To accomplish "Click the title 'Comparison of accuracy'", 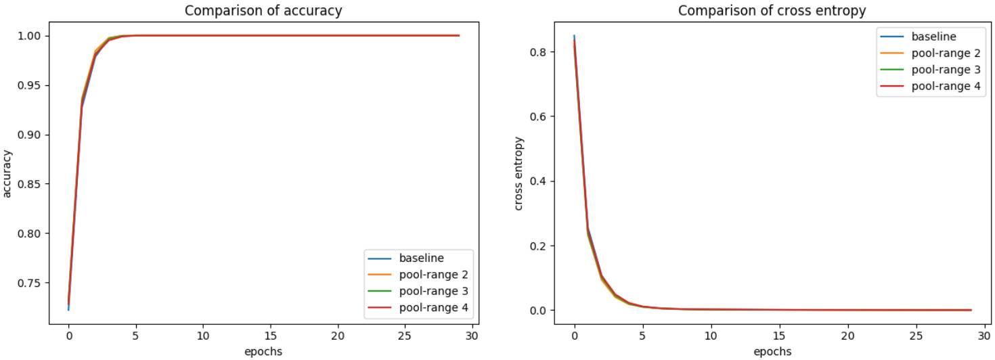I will pos(263,11).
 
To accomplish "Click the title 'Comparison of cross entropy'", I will pos(772,11).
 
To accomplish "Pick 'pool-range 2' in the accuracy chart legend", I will pos(434,275).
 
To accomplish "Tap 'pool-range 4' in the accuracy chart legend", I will pos(434,309).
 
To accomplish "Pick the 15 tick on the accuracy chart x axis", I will pos(270,336).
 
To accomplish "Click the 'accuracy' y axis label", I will pos(8,174).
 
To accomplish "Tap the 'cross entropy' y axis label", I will pos(519,174).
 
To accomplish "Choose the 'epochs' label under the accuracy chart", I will pos(263,351).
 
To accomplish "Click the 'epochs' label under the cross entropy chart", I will pos(772,351).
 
